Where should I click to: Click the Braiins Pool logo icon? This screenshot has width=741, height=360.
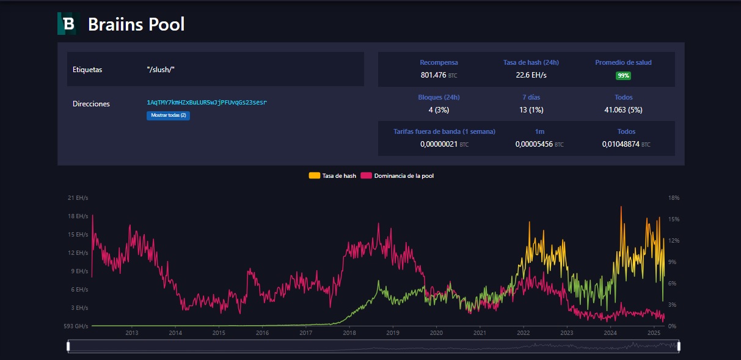[68, 24]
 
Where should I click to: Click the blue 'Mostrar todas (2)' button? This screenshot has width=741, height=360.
[168, 116]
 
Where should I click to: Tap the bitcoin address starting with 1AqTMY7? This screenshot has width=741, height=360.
[206, 102]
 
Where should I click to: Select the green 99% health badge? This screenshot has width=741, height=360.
[623, 76]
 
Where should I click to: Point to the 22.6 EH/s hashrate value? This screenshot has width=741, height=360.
[531, 75]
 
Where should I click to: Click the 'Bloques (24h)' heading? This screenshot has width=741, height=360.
[439, 97]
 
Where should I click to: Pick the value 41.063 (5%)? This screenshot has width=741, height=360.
[623, 110]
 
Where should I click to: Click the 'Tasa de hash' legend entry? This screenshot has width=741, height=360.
[332, 175]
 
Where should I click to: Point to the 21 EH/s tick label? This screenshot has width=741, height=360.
[78, 198]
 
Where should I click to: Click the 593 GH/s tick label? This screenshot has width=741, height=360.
[76, 326]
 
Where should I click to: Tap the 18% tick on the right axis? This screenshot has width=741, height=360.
[674, 198]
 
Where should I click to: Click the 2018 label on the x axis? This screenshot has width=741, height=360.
[349, 333]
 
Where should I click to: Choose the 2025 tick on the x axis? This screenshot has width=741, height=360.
[654, 333]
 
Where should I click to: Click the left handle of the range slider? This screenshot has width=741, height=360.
[68, 347]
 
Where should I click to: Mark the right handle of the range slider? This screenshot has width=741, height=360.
[679, 347]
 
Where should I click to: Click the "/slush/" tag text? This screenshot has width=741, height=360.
[161, 70]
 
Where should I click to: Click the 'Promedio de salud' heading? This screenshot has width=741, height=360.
[623, 62]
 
